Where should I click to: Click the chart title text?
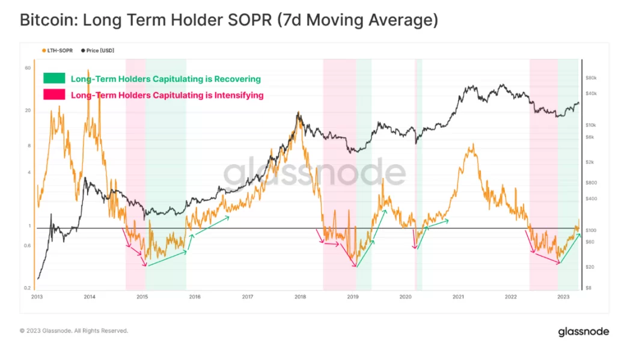point(228,20)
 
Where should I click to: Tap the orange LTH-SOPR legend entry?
point(57,50)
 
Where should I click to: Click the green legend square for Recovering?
point(53,79)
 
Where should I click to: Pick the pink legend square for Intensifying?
point(53,94)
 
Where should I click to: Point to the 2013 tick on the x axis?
point(37,296)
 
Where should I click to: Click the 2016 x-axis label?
point(194,296)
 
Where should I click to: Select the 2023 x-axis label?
point(563,296)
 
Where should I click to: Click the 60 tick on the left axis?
point(28,68)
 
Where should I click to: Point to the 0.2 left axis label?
point(28,288)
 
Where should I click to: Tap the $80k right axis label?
point(590,78)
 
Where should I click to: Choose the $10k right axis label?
point(590,125)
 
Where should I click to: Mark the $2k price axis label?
point(589,162)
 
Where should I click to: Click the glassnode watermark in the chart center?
point(314,173)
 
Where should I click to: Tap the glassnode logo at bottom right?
point(583,332)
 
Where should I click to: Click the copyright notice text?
point(74,331)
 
